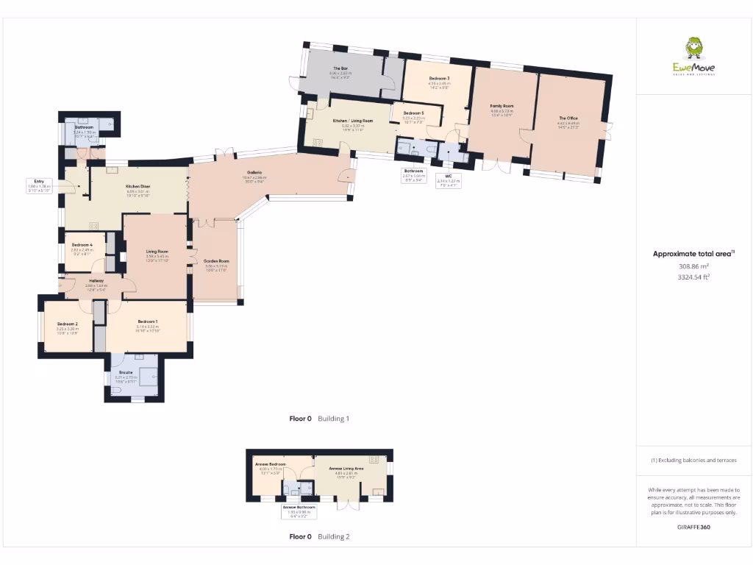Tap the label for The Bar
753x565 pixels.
[338, 68]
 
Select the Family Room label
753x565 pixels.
[502, 106]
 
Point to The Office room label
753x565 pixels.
[568, 118]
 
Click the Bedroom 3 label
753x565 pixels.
[439, 78]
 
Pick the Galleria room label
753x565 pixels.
[245, 172]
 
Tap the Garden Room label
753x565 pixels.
[217, 261]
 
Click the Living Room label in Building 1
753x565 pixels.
[157, 252]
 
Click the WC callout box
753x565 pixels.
[448, 179]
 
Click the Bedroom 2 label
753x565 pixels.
[67, 324]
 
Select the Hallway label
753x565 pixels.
[96, 280]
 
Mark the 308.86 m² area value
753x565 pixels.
[693, 266]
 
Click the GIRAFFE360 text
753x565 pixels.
[693, 527]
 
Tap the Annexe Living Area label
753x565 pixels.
[346, 468]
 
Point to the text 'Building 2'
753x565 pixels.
[333, 537]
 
